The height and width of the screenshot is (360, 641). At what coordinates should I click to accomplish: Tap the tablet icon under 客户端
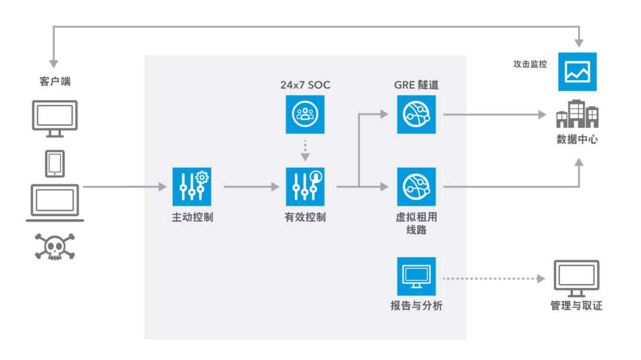pos(55,164)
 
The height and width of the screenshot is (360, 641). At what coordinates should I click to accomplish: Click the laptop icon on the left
pos(55,203)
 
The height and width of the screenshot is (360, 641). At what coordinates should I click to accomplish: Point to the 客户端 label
pos(55,82)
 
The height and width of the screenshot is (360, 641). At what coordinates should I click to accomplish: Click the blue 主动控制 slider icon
pos(192,186)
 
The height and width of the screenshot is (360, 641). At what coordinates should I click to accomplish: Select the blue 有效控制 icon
pos(305,186)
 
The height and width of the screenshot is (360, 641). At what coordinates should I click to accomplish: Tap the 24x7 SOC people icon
pos(305,114)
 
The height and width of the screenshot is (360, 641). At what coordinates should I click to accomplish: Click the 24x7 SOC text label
pos(305,85)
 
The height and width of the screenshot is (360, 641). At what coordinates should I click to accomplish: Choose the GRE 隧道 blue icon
pos(416,114)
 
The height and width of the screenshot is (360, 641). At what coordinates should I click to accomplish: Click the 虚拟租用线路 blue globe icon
pos(416,186)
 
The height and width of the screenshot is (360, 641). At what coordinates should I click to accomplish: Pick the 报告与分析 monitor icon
pos(416,276)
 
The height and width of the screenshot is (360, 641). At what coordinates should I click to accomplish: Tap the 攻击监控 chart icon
pos(577,72)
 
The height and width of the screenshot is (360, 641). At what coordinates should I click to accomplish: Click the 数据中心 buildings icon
pos(577,114)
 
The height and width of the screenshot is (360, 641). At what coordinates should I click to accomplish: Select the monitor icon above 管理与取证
pos(577,279)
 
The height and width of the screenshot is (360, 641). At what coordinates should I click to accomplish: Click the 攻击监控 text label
pos(530,64)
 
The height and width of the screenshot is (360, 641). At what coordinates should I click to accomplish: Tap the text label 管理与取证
pos(576,306)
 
